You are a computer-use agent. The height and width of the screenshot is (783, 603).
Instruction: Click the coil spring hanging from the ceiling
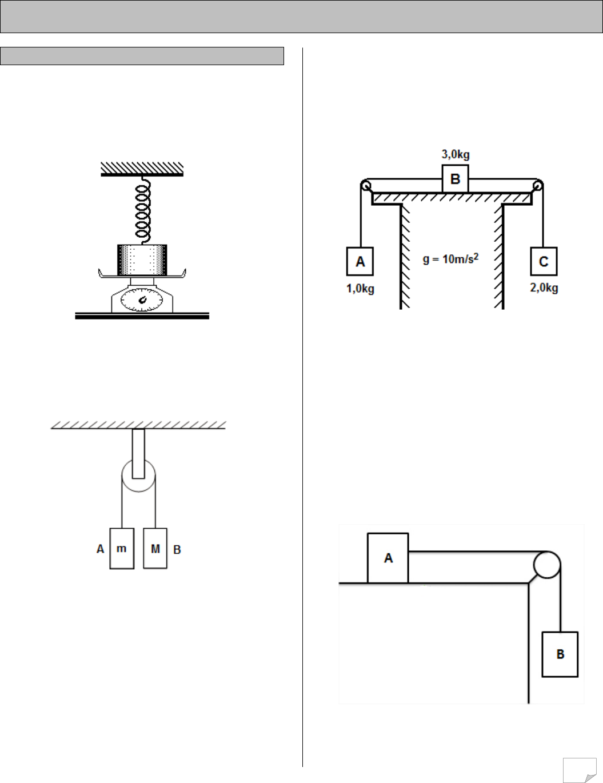pyautogui.click(x=143, y=210)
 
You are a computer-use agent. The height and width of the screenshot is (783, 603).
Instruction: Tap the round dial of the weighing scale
pyautogui.click(x=141, y=300)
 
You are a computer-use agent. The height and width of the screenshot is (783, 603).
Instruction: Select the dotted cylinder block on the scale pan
pyautogui.click(x=142, y=260)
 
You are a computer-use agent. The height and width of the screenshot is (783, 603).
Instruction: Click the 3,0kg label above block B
pyautogui.click(x=456, y=154)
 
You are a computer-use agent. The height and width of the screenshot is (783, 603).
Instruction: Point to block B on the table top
pyautogui.click(x=456, y=179)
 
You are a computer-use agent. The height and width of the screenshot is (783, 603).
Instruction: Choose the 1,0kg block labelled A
pyautogui.click(x=360, y=261)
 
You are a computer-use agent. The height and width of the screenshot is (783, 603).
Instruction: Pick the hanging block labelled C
pyautogui.click(x=544, y=261)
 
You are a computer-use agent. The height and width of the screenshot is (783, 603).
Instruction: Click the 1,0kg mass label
pyautogui.click(x=360, y=289)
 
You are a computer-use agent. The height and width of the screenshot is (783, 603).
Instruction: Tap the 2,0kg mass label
pyautogui.click(x=544, y=288)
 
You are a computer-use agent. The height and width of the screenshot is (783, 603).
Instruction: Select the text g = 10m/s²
pyautogui.click(x=450, y=259)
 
